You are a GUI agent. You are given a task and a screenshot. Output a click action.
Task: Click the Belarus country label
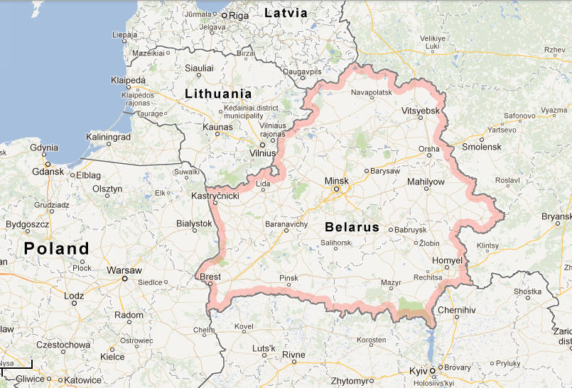[352, 228]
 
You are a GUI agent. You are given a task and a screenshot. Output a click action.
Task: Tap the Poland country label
[57, 248]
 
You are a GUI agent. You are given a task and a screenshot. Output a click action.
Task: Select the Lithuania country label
[218, 94]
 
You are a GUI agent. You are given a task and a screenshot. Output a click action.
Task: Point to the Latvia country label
[286, 13]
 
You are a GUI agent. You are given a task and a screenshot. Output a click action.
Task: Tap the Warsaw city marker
[124, 279]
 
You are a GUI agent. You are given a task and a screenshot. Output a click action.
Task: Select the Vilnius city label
[262, 153]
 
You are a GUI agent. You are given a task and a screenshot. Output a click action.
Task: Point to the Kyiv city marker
[431, 370]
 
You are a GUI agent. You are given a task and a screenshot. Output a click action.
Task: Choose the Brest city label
[210, 277]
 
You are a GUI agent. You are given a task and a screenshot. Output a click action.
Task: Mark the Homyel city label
[447, 261]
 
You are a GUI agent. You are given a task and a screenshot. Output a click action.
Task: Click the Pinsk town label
[288, 277]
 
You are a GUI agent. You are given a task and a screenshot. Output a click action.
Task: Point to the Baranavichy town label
[286, 223]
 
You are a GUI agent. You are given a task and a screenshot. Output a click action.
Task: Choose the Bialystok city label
[194, 223]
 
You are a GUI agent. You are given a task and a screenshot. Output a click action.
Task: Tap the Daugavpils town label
[303, 72]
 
